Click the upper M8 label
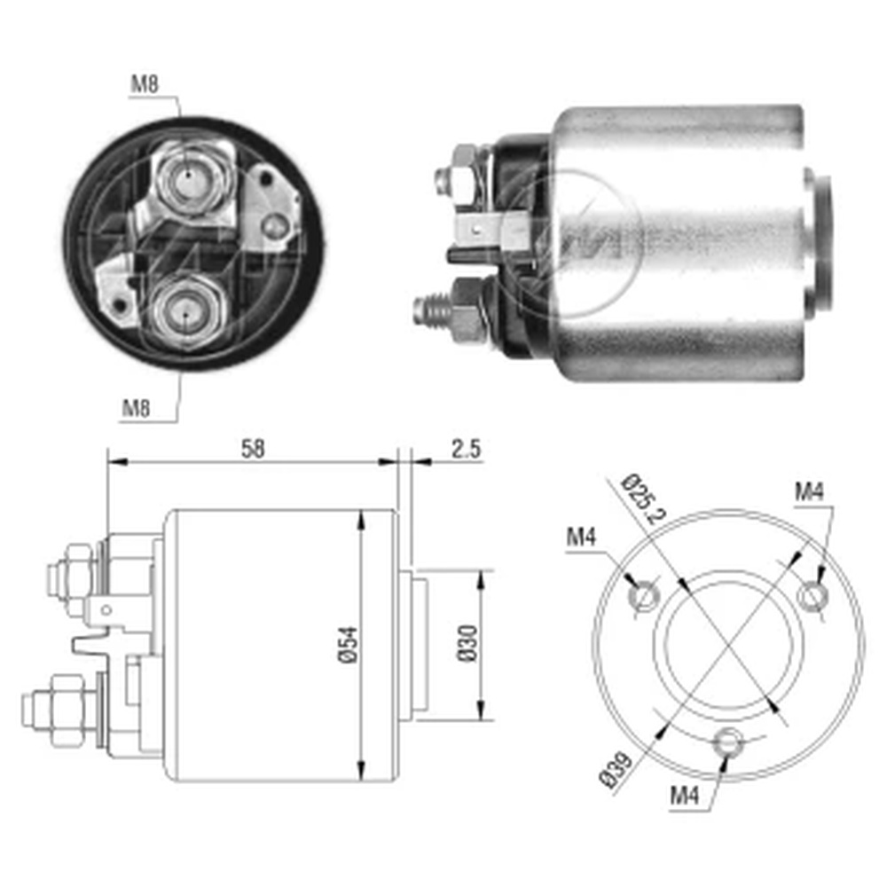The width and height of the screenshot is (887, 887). pos(145,84)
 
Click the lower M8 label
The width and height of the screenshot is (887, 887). pos(137,407)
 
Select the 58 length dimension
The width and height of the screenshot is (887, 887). pos(252,449)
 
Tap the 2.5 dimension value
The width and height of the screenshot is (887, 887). pos(466,449)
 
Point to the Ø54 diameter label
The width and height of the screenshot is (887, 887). pos(349,644)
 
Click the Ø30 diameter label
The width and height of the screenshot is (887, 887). pos(467,644)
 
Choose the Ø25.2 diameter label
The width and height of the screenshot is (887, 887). pos(644,499)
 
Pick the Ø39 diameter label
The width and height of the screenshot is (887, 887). pos(615,769)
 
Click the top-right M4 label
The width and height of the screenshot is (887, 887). pos(810,491)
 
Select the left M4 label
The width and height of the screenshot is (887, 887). pos(581,537)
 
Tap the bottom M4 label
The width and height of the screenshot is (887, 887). pos(685,796)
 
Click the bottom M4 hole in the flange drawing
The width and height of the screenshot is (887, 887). pos(728,742)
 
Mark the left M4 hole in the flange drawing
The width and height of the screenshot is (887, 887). pos(644,596)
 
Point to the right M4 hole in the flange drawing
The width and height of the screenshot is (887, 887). pos(812,596)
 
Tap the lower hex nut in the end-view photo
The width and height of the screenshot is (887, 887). pos(185,310)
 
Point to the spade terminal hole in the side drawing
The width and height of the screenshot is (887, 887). pos(106,610)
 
